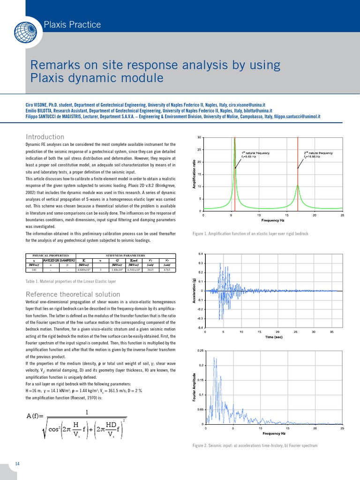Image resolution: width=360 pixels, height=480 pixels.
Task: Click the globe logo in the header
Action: click(x=23, y=32)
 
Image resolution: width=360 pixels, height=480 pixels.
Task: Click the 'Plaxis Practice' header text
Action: click(x=72, y=24)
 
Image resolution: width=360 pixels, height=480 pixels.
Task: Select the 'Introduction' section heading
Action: click(x=45, y=137)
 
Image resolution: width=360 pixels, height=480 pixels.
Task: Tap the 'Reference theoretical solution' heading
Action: click(x=73, y=294)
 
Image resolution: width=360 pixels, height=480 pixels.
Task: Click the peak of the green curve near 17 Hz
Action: click(x=297, y=185)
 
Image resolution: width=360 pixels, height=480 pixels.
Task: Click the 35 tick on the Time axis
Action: click(x=332, y=332)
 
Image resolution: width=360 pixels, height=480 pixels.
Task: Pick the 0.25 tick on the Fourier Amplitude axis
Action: click(x=200, y=351)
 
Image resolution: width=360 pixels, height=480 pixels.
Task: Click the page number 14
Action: click(x=17, y=464)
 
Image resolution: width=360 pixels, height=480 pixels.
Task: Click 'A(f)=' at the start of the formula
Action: click(x=37, y=416)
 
